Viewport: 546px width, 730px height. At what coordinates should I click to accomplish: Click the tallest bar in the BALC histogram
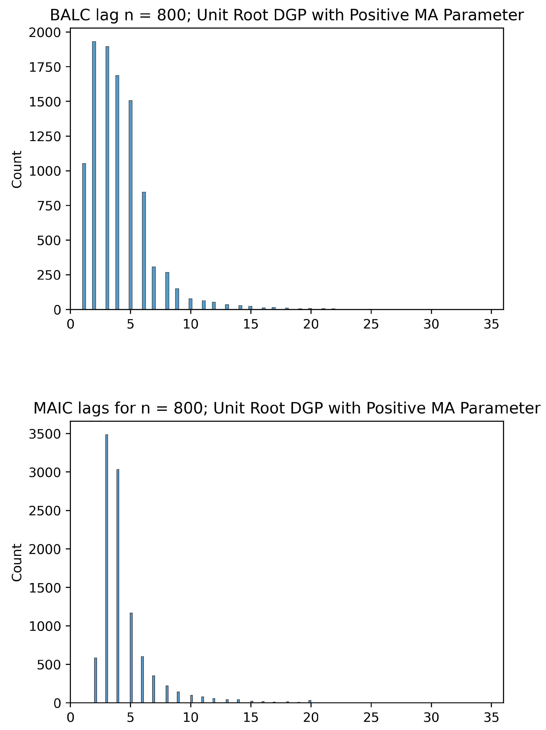tap(94, 175)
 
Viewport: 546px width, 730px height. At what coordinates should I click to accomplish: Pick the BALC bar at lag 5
tap(131, 205)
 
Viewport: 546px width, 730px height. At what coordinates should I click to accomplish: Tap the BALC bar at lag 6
tap(144, 251)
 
